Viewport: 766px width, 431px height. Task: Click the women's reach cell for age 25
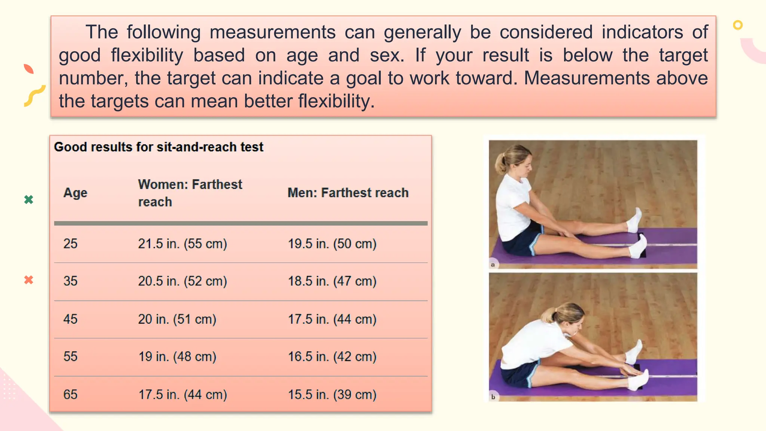click(x=183, y=244)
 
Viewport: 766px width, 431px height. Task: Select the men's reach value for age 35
click(x=332, y=281)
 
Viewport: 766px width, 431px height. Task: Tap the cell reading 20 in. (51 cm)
click(x=177, y=319)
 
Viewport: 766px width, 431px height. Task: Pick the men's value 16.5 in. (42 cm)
click(x=332, y=357)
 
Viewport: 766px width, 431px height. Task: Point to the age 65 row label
click(x=70, y=394)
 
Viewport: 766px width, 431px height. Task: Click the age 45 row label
click(x=70, y=319)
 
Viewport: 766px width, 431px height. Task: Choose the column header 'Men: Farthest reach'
click(x=348, y=193)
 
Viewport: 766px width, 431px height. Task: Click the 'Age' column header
click(x=75, y=193)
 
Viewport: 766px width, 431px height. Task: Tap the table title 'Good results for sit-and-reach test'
click(x=159, y=147)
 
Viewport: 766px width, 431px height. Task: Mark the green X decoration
click(x=29, y=199)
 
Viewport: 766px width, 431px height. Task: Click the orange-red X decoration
click(x=29, y=280)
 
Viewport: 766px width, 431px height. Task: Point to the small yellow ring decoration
click(x=738, y=25)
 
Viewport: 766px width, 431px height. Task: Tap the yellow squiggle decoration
click(x=34, y=96)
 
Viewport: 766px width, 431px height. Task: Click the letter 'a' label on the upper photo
click(x=493, y=265)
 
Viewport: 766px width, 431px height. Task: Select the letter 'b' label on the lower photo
click(x=493, y=397)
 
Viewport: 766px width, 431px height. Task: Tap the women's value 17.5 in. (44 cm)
click(x=183, y=394)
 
